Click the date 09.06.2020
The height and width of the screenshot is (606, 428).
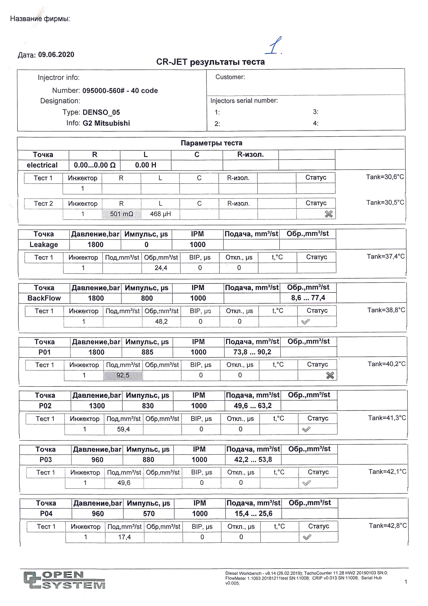(56, 55)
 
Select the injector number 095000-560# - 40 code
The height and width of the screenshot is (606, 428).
(120, 91)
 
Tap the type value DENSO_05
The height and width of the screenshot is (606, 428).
(101, 112)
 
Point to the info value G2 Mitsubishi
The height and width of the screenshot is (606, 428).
(106, 123)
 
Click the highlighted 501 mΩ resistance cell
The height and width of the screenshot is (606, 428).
(121, 214)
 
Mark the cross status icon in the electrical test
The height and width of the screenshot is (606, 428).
(328, 214)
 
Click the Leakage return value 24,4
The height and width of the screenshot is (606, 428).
(161, 268)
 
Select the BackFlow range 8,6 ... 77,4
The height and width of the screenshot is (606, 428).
(308, 298)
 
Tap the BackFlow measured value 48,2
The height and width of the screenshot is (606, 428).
(161, 321)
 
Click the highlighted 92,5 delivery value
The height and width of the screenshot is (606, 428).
(123, 375)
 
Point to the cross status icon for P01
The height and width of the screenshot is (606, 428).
(330, 375)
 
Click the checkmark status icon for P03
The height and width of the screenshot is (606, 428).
(307, 483)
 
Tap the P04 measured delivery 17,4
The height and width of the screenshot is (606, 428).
(124, 537)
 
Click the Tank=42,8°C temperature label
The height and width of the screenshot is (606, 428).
(387, 526)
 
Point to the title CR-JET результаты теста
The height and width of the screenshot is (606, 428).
(210, 62)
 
